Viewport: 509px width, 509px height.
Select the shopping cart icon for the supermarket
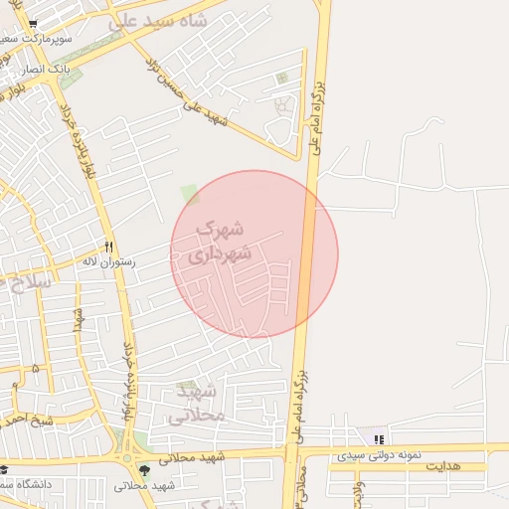coord(33,24)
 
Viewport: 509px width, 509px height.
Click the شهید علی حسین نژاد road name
coord(189,91)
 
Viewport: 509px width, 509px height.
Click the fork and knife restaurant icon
coord(108,247)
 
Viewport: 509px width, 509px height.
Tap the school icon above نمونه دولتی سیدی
coord(378,439)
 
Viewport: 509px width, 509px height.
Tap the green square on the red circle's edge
coord(189,193)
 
